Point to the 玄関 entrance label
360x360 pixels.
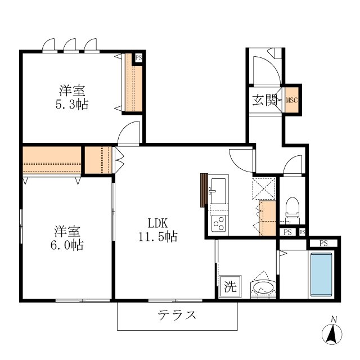coord(264,101)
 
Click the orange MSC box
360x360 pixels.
coord(291,101)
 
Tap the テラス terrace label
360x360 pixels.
coord(177,315)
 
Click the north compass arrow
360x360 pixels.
coord(333,334)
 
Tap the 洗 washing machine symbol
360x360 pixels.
coord(230,286)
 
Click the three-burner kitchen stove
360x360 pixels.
coord(218,223)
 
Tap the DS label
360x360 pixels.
coord(302,232)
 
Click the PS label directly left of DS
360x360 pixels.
coord(287,232)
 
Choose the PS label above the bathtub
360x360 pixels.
coord(323,243)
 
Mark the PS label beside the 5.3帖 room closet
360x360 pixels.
coord(138,57)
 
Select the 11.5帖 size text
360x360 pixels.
coord(158,237)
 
